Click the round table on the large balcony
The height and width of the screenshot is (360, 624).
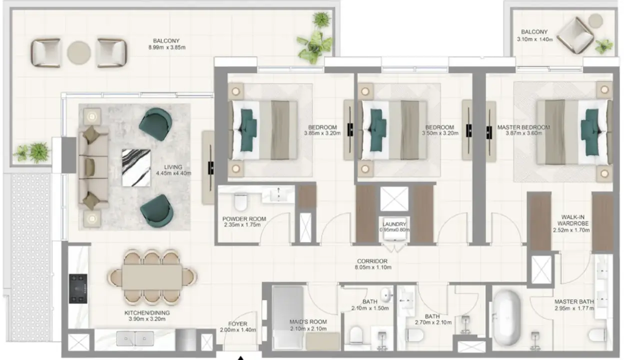tap(79, 52)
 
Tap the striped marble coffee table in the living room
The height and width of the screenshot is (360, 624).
tap(136, 168)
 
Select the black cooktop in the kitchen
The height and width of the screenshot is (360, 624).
tap(78, 288)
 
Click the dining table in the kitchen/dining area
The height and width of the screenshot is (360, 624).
tap(152, 277)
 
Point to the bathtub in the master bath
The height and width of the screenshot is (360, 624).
tap(507, 317)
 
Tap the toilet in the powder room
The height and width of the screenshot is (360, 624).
tap(241, 201)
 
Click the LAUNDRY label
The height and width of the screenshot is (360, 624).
tap(394, 224)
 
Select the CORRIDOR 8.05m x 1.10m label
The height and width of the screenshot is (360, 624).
tap(373, 264)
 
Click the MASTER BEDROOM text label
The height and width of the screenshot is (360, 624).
tap(524, 127)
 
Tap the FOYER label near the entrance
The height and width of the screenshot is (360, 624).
tap(238, 323)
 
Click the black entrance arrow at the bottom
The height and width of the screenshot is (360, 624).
tap(240, 358)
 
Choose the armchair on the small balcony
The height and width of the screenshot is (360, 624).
tap(575, 35)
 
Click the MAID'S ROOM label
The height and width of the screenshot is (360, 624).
tap(308, 322)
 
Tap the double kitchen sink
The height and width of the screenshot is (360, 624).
tap(135, 338)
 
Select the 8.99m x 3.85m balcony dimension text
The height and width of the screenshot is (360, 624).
tap(167, 47)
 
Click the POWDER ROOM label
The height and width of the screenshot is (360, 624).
tap(244, 218)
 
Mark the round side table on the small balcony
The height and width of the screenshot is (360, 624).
tap(596, 20)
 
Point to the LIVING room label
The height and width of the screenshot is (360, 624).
tap(173, 167)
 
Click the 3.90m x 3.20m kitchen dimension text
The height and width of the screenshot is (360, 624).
tap(147, 318)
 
